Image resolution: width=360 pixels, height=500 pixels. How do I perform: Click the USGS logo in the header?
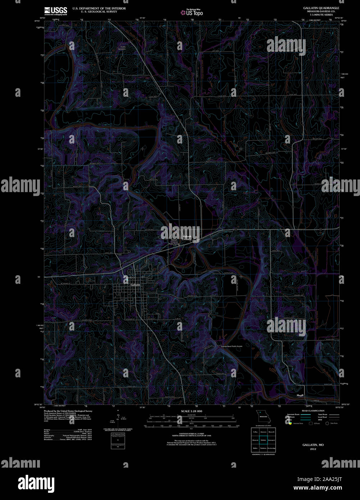[x=55, y=10]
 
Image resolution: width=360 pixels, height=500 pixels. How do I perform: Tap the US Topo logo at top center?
[x=192, y=12]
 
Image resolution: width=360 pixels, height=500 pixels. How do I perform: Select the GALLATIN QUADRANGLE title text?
[x=321, y=8]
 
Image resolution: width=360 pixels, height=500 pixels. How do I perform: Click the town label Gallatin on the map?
[x=135, y=285]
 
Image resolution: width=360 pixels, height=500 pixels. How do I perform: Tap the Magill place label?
[x=300, y=395]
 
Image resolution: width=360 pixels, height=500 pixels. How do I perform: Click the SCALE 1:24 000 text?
[x=192, y=411]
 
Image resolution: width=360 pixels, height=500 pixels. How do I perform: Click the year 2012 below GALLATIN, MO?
[x=313, y=449]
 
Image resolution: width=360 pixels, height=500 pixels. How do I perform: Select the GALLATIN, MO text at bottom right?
[x=313, y=445]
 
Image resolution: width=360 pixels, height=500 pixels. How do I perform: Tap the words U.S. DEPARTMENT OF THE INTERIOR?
[x=99, y=8]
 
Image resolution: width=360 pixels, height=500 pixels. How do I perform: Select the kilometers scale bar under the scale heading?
[x=192, y=417]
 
